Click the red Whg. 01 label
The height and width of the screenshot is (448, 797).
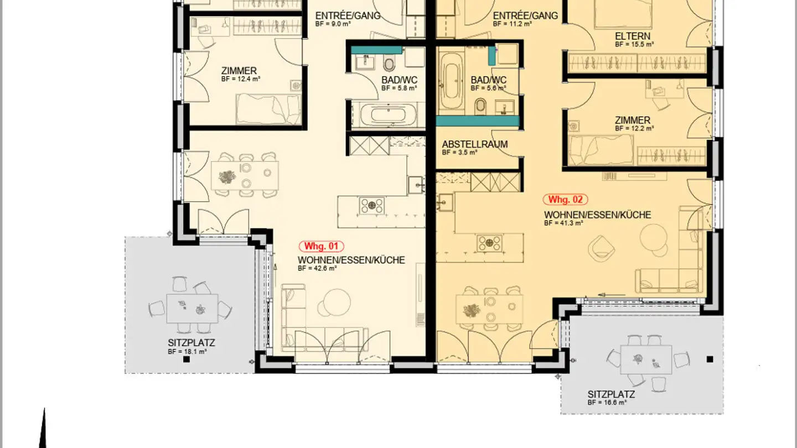(322, 247)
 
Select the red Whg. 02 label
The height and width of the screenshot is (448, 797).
(565, 200)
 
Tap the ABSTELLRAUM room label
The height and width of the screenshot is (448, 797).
(474, 145)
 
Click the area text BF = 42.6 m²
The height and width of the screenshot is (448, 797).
(317, 268)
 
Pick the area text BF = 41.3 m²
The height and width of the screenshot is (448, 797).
(563, 223)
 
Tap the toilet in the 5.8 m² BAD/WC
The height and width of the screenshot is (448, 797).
(389, 64)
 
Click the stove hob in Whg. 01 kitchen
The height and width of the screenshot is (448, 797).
(372, 206)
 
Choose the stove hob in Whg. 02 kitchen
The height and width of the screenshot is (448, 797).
(489, 243)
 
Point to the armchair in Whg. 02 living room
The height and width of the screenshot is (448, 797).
(602, 247)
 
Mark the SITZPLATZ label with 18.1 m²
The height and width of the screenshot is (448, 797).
(191, 343)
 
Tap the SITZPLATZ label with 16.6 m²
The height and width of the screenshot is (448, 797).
(611, 395)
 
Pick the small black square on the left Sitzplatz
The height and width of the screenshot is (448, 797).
(187, 360)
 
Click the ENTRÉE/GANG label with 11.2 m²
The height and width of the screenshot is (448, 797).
(525, 16)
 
